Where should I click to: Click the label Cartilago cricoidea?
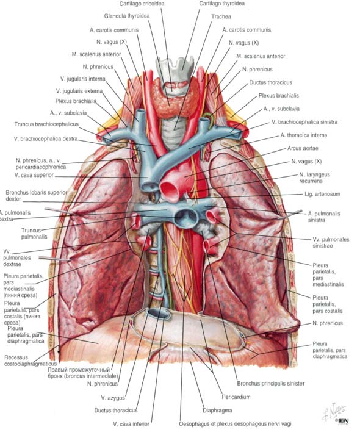(x=142, y=4)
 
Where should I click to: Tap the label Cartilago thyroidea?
(x=222, y=4)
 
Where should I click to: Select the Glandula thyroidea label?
(x=127, y=16)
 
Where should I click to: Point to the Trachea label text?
(x=221, y=16)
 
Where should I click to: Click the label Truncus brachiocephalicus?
(x=46, y=124)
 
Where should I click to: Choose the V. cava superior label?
(x=34, y=175)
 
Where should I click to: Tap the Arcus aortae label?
(x=303, y=148)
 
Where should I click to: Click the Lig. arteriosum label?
(x=322, y=194)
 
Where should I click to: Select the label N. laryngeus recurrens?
(x=314, y=178)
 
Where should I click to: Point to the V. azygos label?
(x=113, y=398)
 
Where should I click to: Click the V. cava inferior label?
(x=131, y=424)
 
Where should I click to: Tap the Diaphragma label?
(x=217, y=411)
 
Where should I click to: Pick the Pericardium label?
(x=236, y=397)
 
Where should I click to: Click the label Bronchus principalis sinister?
(x=270, y=383)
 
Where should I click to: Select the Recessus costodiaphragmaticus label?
(x=31, y=361)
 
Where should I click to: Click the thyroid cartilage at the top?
(x=175, y=68)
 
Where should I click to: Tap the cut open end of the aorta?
(x=170, y=190)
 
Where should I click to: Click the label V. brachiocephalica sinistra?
(x=304, y=122)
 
